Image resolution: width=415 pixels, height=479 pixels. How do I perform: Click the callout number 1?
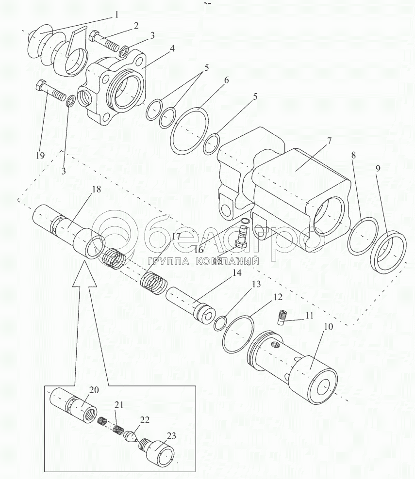116,15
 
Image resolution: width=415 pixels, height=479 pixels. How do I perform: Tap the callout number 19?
40,156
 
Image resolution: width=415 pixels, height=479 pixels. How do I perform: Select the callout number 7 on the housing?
329,142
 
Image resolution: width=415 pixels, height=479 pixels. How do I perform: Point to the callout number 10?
328,327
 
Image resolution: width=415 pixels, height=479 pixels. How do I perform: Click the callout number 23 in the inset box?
172,435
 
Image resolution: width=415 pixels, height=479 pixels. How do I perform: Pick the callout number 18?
96,189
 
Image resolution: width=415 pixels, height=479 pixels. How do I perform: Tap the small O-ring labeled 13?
220,323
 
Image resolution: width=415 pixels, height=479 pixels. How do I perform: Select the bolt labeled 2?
104,43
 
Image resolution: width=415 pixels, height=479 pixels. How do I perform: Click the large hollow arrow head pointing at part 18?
85,274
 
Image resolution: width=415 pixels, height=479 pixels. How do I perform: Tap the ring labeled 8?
363,236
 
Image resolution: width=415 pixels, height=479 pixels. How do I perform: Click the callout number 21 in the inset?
119,405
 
